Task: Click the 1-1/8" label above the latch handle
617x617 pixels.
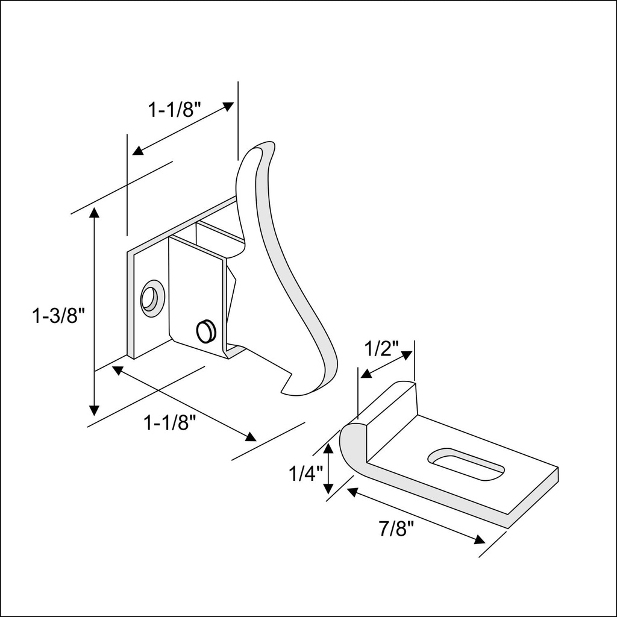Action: [x=174, y=110]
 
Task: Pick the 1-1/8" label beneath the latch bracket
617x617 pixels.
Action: [x=171, y=424]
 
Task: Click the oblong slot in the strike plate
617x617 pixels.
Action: [x=466, y=463]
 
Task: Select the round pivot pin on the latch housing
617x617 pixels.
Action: [x=205, y=330]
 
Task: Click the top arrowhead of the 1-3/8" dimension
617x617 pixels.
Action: [x=94, y=213]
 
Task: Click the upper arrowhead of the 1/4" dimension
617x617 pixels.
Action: [x=328, y=448]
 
